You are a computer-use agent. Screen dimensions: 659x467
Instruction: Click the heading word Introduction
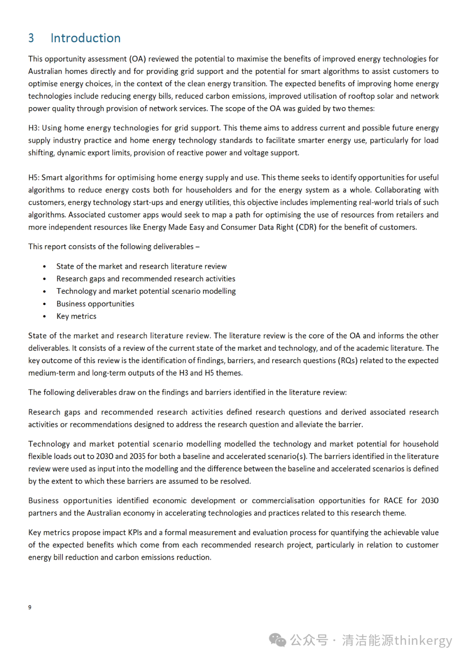click(85, 38)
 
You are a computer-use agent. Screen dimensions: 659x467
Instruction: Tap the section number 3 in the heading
click(31, 38)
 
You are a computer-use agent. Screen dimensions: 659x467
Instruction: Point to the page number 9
click(30, 607)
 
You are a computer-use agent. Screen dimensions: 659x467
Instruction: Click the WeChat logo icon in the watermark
click(277, 640)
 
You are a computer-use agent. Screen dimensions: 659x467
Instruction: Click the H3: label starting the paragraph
click(34, 128)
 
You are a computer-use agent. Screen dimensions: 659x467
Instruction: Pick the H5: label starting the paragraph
click(34, 177)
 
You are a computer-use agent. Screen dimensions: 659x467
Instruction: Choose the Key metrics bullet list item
click(76, 316)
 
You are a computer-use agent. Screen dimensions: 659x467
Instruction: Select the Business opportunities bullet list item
click(95, 304)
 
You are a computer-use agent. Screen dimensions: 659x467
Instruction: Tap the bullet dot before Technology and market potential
click(45, 291)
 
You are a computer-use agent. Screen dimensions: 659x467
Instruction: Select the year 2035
click(137, 456)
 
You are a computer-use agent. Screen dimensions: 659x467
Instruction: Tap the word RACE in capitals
click(393, 501)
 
